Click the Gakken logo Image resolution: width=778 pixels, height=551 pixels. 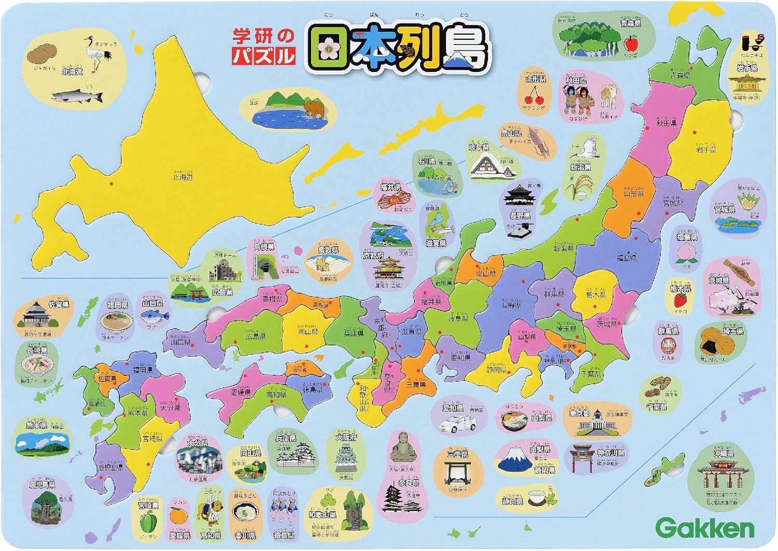pyautogui.click(x=706, y=529)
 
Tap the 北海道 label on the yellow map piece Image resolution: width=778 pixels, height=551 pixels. pyautogui.click(x=183, y=177)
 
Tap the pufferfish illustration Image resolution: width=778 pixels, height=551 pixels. pyautogui.click(x=157, y=317)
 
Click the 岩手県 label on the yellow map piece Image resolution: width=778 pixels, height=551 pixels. pyautogui.click(x=706, y=149)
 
